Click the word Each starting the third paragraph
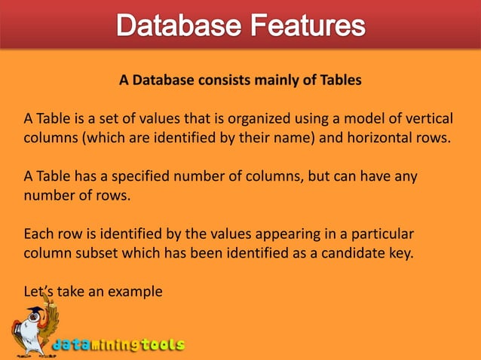pyautogui.click(x=38, y=233)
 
